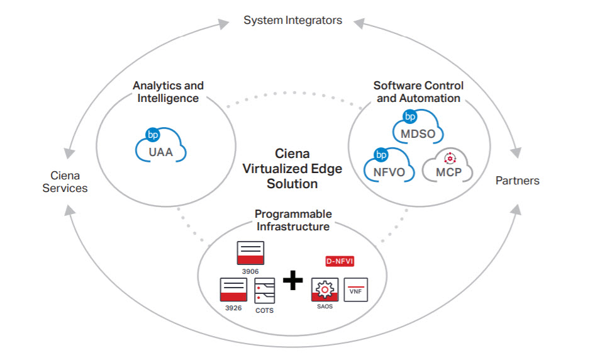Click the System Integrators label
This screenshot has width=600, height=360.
point(292,20)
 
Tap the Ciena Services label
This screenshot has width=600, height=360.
point(65,181)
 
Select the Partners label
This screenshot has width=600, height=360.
point(517,181)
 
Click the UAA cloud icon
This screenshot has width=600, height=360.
point(162,147)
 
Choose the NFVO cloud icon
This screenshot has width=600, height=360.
point(388,166)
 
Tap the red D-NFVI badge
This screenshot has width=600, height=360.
point(340,261)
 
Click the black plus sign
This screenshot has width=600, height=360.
point(292,279)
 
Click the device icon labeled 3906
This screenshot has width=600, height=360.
point(250,253)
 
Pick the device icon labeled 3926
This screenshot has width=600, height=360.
point(233,290)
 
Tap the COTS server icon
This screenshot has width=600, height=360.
point(264,292)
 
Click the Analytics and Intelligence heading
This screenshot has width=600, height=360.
point(168,92)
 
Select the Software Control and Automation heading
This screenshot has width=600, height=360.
point(418,92)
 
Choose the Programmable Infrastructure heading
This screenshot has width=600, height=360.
point(293,220)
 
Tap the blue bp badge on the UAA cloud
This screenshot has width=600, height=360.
point(153,134)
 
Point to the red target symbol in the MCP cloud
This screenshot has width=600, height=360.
point(449,158)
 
